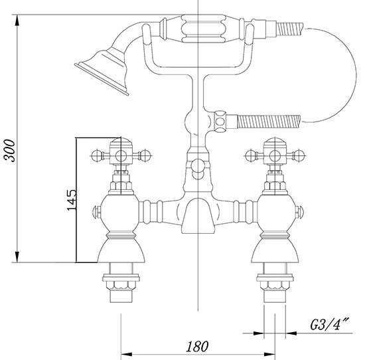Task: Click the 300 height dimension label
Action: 9,150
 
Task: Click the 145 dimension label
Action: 72,200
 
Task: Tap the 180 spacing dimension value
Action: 197,346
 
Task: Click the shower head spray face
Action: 102,79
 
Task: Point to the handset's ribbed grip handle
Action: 204,29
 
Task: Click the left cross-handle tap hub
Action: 121,155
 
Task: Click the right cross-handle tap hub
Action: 275,155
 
